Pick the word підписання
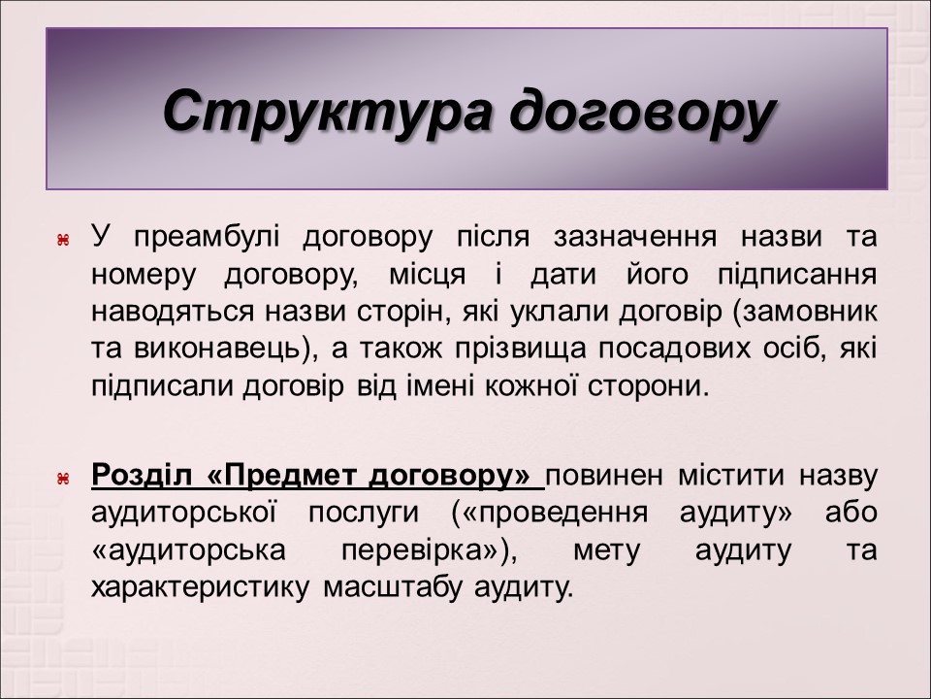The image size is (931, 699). pos(796,274)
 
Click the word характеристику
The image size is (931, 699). pos(201,587)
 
